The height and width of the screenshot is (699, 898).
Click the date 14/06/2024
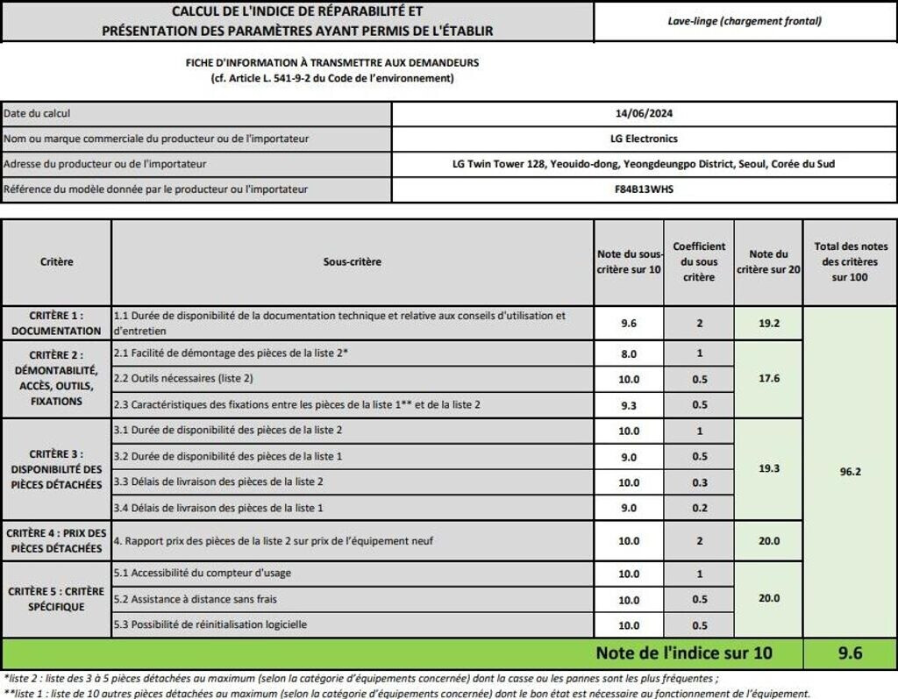[644, 113]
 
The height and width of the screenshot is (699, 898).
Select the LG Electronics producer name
[644, 139]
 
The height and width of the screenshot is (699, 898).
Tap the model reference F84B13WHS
[644, 189]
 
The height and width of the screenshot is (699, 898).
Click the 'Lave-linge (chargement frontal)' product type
[745, 21]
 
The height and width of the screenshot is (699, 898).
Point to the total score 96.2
[850, 471]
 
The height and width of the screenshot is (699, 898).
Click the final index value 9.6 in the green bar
[850, 653]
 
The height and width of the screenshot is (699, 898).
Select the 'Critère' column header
[57, 261]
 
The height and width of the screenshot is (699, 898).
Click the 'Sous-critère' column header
[353, 261]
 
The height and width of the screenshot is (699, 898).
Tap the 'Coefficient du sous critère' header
[699, 261]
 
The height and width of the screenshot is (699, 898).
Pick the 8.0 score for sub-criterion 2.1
[629, 353]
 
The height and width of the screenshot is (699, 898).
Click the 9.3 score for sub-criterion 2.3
[629, 405]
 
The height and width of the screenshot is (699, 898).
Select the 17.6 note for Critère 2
[768, 379]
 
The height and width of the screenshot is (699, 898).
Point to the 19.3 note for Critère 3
[768, 468]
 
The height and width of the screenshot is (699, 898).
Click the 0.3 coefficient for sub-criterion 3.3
[699, 482]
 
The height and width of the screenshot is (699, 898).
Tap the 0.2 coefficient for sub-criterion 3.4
[699, 508]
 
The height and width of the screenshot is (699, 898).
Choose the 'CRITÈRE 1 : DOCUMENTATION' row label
[57, 323]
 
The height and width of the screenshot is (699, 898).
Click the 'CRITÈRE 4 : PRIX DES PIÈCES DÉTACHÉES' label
[57, 540]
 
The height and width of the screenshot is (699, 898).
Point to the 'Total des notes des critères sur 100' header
[850, 261]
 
